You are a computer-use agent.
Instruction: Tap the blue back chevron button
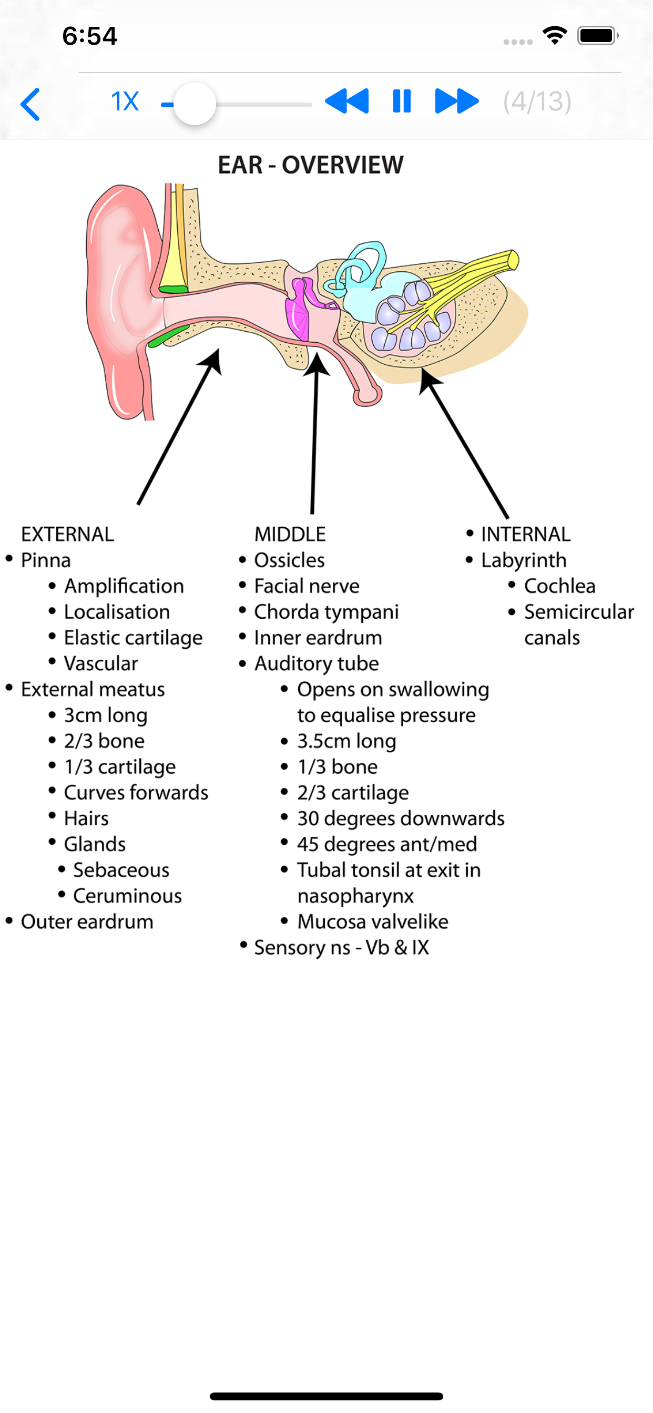[x=30, y=104]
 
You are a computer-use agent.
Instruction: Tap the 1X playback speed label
[x=125, y=101]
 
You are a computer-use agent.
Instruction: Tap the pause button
[x=402, y=101]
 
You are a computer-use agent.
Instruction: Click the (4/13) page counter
[x=537, y=101]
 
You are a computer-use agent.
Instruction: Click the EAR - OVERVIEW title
[x=311, y=165]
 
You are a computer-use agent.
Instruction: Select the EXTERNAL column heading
[x=67, y=534]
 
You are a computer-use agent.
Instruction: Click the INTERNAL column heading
[x=525, y=534]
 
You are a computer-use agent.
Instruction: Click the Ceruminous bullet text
[x=127, y=896]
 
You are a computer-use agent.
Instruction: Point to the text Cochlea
[x=559, y=586]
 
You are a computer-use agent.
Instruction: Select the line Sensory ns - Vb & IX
[x=341, y=948]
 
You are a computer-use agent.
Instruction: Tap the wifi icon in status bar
[x=554, y=36]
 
